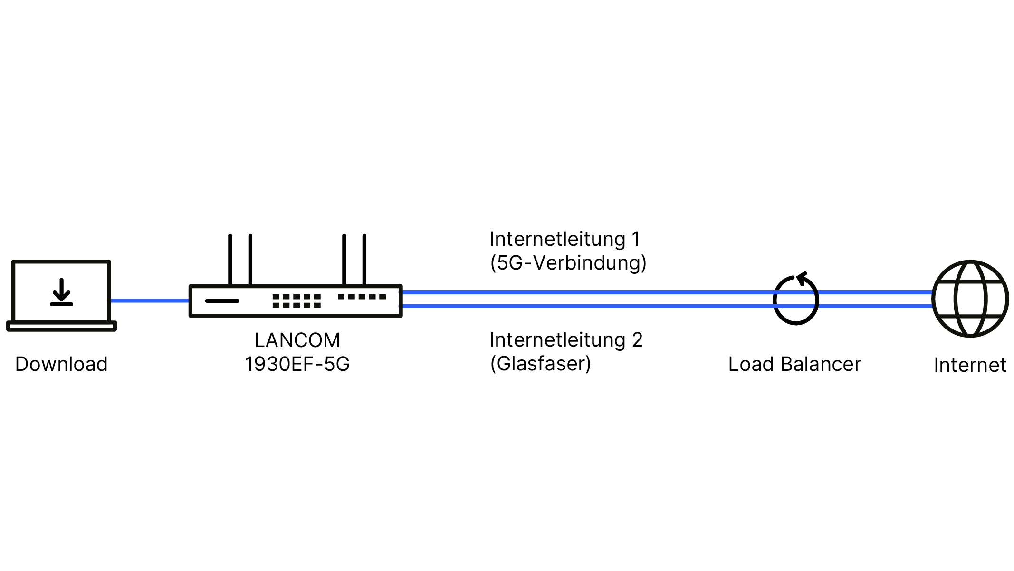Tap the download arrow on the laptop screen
coord(61,292)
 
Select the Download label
coord(61,364)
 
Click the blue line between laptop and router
coord(150,300)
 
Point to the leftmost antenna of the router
coord(230,259)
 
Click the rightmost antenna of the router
coord(364,259)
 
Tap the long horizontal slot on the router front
coord(222,301)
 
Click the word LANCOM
coord(297,340)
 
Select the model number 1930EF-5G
coord(297,364)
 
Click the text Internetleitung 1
coord(565,239)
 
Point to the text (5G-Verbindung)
coord(568,263)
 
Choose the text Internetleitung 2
coord(566,340)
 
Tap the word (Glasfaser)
coord(541,364)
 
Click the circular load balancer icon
coord(796,300)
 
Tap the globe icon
coord(970,299)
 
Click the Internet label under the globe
coord(970,366)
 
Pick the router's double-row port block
coord(297,301)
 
